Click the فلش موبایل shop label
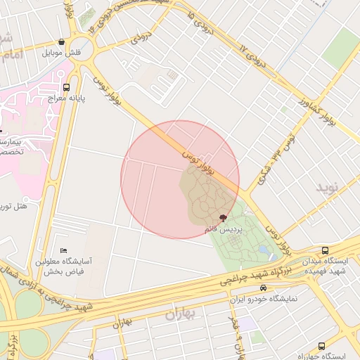62,53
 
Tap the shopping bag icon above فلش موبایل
62,42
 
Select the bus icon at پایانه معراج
66,88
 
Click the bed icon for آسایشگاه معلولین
64,250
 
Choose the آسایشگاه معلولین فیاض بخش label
60,265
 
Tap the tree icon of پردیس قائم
223,218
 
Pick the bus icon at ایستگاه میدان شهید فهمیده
325,250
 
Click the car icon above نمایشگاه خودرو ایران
263,288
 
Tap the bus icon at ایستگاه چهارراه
321,346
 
